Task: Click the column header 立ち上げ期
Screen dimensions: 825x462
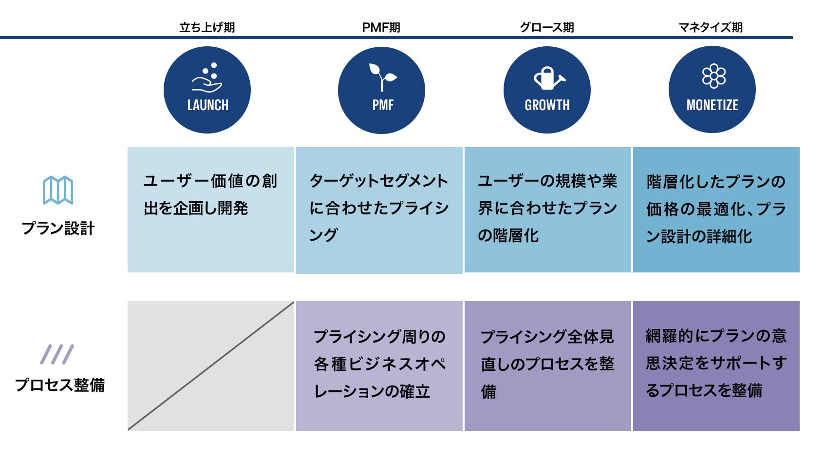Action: pos(207,27)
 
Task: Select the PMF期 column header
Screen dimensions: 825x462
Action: pos(381,27)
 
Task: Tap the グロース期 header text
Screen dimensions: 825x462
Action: pos(547,27)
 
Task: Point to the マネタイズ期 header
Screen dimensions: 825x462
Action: pos(711,27)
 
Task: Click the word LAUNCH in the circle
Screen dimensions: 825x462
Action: pos(208,105)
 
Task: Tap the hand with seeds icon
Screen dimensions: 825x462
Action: pos(207,77)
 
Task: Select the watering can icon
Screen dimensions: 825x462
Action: pos(549,78)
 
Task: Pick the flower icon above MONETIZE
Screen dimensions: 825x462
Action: pos(714,76)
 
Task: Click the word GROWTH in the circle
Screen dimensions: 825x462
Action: pos(547,105)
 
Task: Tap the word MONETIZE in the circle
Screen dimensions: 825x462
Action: pos(712,105)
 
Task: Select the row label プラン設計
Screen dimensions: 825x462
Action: pos(58,229)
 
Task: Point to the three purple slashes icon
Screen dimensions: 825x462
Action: pos(57,354)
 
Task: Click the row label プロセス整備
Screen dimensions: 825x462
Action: pos(60,385)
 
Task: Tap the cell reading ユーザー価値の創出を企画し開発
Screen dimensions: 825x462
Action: pos(211,210)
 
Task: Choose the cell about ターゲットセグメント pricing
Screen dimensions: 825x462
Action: pos(379,211)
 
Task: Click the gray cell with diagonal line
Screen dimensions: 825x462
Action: pos(211,366)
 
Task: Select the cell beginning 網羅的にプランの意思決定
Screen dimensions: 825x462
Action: pos(716,366)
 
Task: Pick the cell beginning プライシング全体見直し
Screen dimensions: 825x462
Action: pos(548,366)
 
